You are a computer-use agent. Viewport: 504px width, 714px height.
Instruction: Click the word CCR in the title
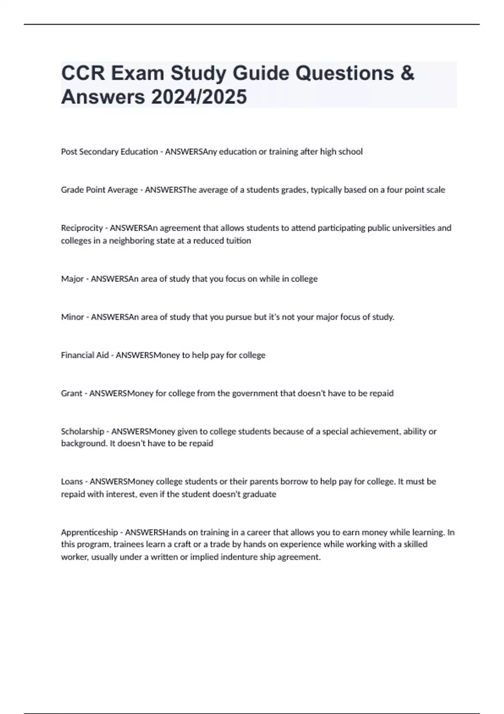83,73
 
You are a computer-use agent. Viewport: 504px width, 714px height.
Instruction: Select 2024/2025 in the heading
199,97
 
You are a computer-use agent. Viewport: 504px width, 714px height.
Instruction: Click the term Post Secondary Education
109,152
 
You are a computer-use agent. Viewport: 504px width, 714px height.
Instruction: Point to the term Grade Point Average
99,190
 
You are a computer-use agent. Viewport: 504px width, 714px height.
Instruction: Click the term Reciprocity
82,228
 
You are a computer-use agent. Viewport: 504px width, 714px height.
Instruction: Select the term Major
72,279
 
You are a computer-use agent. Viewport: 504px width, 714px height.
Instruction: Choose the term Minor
73,317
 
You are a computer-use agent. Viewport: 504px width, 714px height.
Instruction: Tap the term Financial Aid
85,355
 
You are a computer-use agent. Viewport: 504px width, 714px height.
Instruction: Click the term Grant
71,394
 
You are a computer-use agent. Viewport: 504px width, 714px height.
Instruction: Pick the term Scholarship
82,431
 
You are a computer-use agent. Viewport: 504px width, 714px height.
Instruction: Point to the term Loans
72,482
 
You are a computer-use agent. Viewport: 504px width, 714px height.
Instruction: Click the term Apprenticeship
89,533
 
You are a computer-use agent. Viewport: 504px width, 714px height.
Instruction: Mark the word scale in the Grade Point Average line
436,190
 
